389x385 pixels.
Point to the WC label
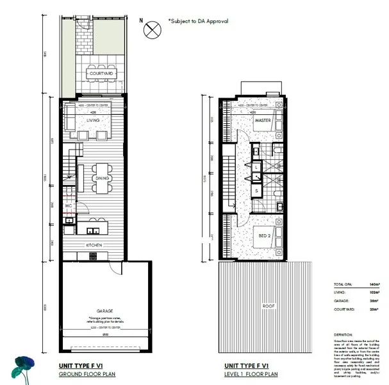point(69,205)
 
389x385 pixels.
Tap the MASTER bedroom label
point(263,120)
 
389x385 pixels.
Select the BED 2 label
point(264,236)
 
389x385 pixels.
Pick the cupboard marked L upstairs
point(256,167)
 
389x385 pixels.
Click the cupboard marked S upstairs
point(256,191)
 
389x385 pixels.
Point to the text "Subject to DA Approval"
point(198,21)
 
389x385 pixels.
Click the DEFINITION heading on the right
point(343,334)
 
